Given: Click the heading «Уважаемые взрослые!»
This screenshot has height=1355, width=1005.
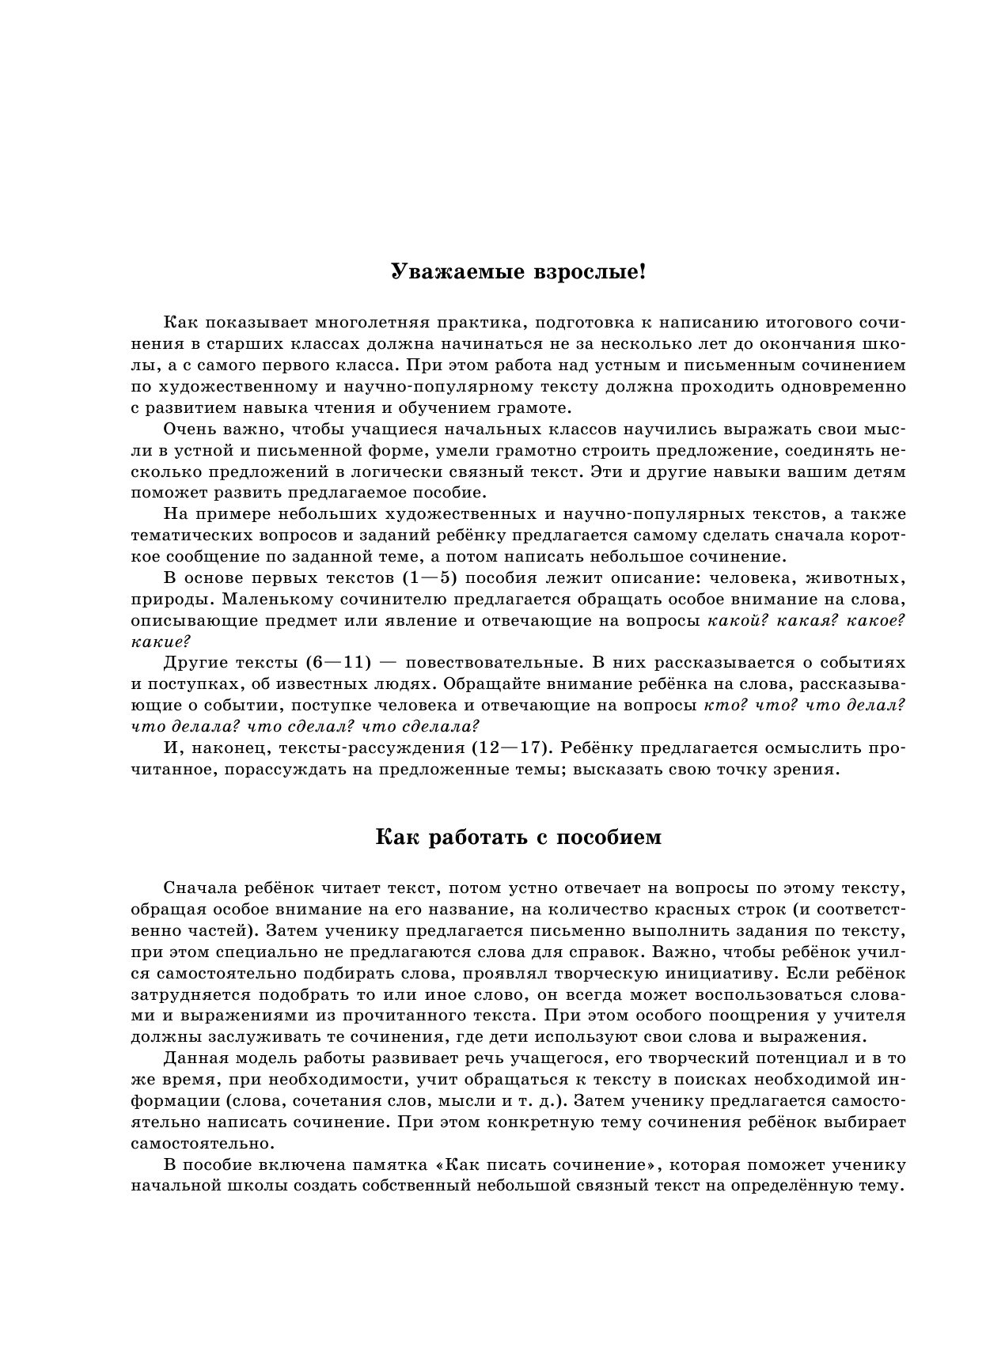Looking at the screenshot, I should (518, 273).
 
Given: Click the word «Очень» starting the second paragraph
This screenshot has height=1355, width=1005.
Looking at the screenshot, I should (188, 430).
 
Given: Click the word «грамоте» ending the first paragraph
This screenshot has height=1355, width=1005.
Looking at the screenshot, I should (539, 408).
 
